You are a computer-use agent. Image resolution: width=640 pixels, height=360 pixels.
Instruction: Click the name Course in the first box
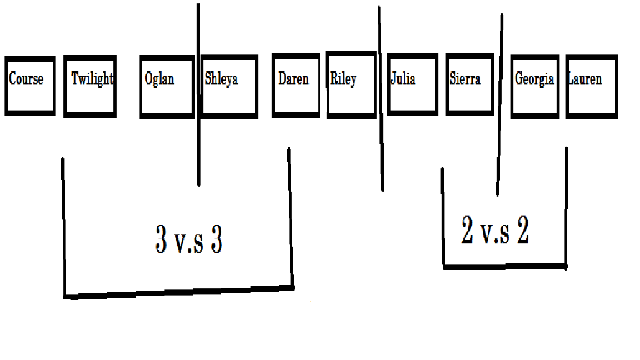[x=26, y=79]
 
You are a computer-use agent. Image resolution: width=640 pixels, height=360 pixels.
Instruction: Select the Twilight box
[x=90, y=86]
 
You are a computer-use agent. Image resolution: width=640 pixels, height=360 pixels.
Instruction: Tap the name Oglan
[x=159, y=79]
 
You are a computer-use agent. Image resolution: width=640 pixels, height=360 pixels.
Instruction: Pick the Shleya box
[x=229, y=87]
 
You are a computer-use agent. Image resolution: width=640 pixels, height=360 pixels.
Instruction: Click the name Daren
[x=293, y=79]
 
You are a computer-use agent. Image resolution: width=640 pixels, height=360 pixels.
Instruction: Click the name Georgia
[x=534, y=79]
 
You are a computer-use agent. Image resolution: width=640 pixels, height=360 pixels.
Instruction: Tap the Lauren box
[x=592, y=87]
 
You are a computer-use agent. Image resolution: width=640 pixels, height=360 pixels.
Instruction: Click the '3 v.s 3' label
[x=189, y=240]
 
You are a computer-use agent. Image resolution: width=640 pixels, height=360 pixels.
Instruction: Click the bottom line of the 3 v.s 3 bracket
[x=178, y=291]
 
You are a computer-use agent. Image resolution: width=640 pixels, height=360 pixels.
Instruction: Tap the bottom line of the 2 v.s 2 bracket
[x=504, y=267]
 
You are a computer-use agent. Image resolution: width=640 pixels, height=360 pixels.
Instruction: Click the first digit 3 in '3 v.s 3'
[x=161, y=240]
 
